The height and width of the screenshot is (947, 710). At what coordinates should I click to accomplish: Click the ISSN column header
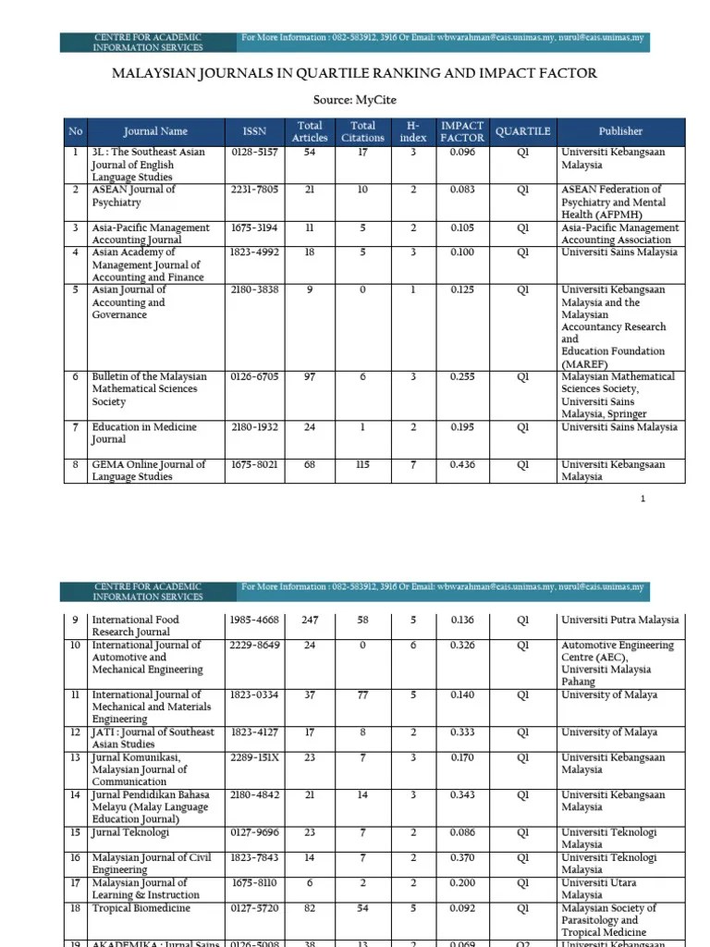[254, 131]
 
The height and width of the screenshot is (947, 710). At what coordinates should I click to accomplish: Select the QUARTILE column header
[522, 131]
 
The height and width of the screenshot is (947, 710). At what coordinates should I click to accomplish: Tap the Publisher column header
[620, 131]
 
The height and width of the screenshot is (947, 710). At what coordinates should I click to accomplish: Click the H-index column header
[413, 131]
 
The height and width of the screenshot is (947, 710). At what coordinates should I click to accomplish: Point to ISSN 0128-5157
[254, 152]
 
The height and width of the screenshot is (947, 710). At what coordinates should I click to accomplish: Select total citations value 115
[362, 465]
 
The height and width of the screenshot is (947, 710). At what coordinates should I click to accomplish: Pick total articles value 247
[310, 621]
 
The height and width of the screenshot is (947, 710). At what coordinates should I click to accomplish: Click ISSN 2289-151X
[254, 757]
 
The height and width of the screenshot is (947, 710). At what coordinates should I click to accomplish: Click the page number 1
[643, 499]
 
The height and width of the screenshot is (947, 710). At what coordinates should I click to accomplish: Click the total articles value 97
[310, 377]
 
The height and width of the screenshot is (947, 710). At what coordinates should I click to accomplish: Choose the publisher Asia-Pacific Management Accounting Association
[620, 233]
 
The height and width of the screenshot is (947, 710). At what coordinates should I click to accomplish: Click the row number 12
[75, 732]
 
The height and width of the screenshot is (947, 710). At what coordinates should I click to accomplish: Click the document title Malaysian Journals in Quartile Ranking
[354, 73]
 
